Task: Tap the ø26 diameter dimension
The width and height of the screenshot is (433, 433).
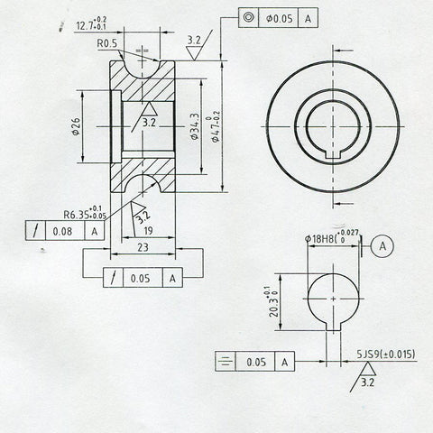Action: (76, 126)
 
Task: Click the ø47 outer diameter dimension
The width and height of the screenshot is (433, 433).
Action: (216, 126)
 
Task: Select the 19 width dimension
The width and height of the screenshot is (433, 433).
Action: (148, 230)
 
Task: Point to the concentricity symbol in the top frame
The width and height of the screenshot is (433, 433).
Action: (249, 17)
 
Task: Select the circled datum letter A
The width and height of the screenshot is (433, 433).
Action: (383, 244)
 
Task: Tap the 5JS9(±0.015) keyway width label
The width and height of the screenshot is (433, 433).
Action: (386, 355)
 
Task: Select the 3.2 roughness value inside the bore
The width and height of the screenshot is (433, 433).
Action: (149, 121)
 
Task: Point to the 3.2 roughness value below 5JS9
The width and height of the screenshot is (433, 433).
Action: (367, 382)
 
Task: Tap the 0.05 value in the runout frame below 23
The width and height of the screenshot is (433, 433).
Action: (139, 279)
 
